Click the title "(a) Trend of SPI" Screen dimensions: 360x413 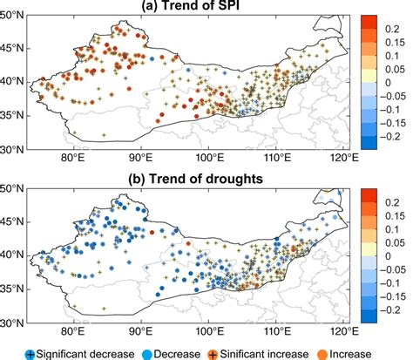pos(185,7)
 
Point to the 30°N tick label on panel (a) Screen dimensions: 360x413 pos(15,149)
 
